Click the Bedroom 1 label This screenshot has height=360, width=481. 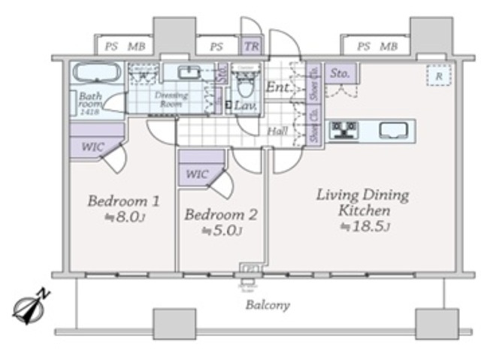point(123,201)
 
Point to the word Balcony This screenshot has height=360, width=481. point(268,305)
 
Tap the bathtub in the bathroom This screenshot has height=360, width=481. point(95,74)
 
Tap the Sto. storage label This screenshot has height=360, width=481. point(341,74)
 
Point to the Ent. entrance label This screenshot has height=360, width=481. point(277,89)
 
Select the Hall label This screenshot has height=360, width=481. point(277,131)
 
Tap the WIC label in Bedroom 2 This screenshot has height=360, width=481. point(196,174)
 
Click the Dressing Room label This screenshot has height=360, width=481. point(171,100)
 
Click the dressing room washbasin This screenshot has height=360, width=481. point(189,73)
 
